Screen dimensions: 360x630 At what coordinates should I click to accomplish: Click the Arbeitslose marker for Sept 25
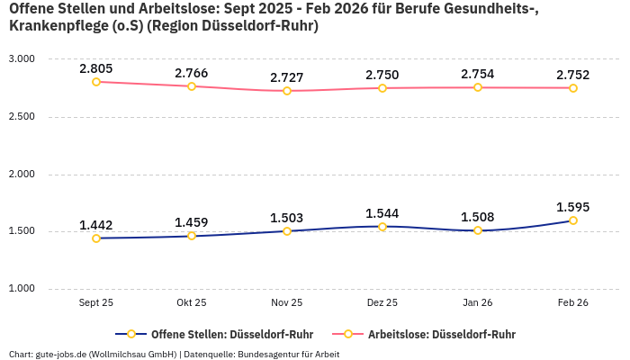(96, 82)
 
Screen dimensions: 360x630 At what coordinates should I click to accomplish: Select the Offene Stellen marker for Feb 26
(573, 220)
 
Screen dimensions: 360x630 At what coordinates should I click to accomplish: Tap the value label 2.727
(287, 77)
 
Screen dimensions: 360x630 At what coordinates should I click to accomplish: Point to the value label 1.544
(382, 213)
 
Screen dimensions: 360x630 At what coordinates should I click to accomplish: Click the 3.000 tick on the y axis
(22, 58)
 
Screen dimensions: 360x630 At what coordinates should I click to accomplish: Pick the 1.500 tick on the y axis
(22, 231)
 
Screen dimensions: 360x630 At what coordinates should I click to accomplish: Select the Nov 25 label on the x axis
(287, 303)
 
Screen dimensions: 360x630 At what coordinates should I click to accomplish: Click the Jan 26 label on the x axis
(478, 303)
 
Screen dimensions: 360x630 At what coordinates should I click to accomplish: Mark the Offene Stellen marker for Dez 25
(382, 227)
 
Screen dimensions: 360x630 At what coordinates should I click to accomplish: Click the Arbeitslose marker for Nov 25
(287, 91)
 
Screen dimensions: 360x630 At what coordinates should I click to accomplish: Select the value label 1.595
(573, 207)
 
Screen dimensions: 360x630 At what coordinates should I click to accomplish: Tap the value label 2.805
(96, 68)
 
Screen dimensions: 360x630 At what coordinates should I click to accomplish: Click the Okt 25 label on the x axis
(192, 303)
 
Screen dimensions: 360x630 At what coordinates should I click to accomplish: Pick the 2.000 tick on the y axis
(22, 174)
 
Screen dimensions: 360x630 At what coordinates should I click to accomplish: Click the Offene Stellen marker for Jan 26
(478, 230)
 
